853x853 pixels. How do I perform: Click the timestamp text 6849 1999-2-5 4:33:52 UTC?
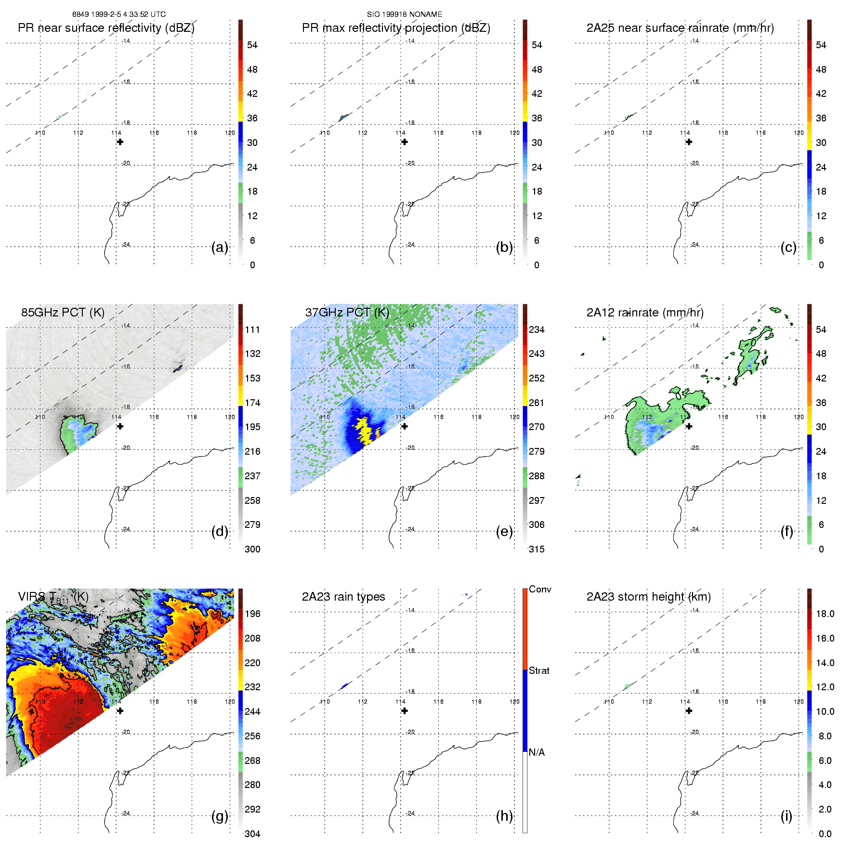(119, 14)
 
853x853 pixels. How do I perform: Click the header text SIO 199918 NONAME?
(405, 14)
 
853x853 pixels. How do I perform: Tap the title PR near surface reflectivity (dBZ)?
(106, 28)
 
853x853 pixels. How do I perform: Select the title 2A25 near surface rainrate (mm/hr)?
(680, 28)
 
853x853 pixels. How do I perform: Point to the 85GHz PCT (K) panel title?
(63, 313)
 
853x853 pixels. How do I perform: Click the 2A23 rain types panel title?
(343, 597)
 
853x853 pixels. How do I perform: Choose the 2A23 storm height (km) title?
(648, 597)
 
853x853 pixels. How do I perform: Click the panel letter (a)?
(220, 248)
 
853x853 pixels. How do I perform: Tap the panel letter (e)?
(504, 532)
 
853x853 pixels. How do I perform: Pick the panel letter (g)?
(220, 816)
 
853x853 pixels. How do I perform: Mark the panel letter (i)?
(786, 816)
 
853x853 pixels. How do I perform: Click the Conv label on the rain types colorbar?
(540, 589)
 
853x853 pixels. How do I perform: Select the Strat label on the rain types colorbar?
(539, 670)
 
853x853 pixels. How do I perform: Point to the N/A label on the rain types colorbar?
(537, 752)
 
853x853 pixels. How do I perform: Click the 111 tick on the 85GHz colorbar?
(252, 329)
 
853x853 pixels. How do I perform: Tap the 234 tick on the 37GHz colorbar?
(537, 329)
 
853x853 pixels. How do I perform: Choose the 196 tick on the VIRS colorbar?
(252, 614)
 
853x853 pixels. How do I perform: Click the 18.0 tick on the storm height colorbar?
(825, 614)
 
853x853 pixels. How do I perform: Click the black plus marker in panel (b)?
(405, 142)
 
